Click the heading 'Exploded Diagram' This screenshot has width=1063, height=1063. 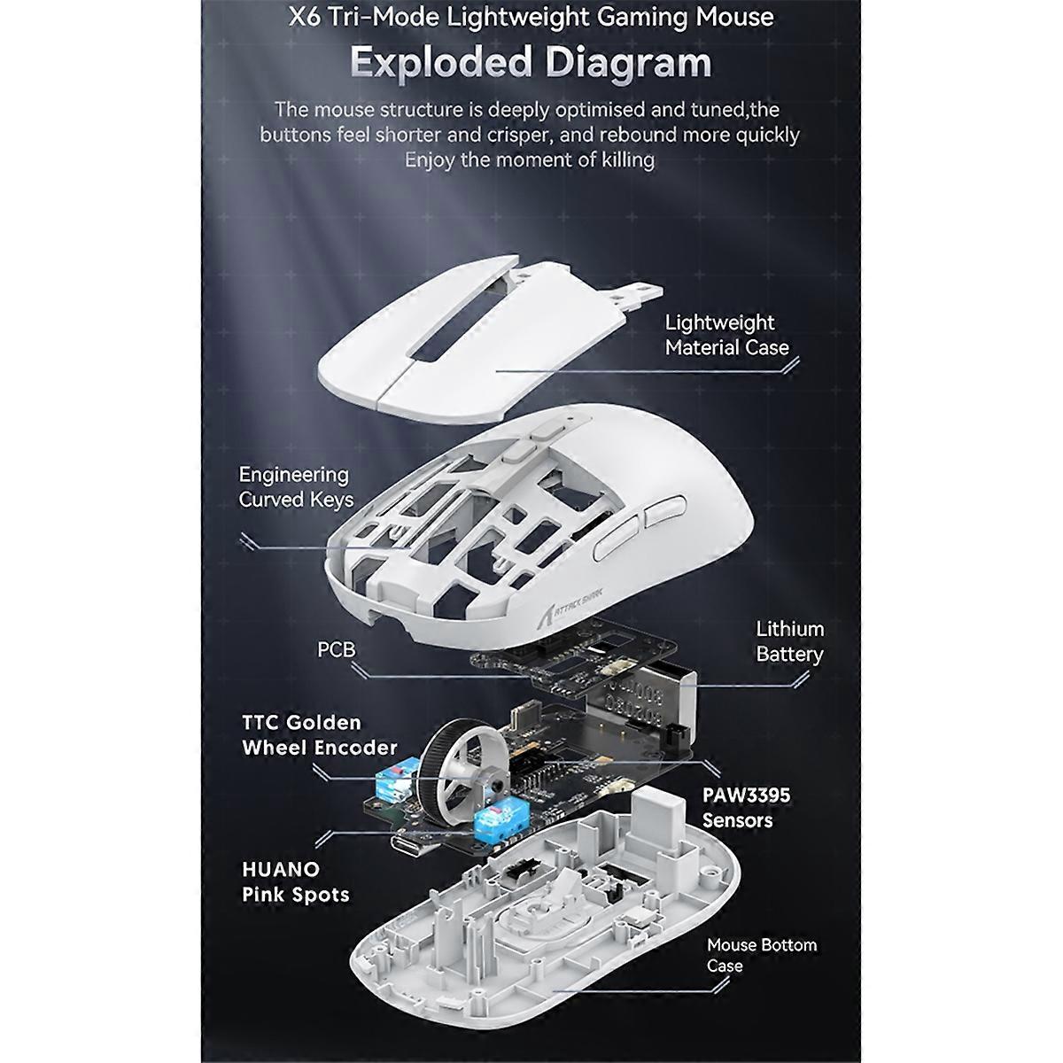(531, 62)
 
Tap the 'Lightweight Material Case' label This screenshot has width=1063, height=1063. (726, 335)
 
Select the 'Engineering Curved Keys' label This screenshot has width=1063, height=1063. (296, 487)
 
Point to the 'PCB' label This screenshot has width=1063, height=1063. (337, 649)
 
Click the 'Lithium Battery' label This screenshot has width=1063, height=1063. (789, 641)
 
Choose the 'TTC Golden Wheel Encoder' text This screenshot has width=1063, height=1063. (319, 735)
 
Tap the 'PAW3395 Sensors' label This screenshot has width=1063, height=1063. (746, 807)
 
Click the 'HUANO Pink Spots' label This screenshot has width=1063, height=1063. (295, 881)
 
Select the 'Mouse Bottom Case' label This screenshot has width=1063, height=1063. (761, 955)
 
